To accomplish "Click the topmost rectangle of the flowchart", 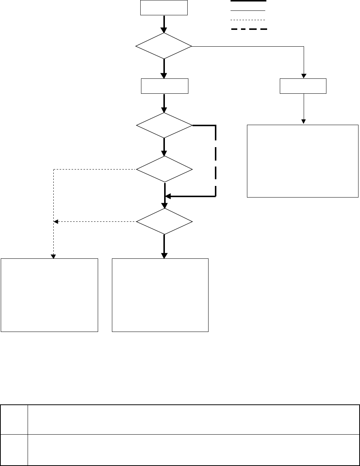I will (164, 8).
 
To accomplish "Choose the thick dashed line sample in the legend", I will (249, 29).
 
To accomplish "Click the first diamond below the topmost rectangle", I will (164, 46).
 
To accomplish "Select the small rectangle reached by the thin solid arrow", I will (303, 86).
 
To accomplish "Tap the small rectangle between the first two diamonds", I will (165, 86).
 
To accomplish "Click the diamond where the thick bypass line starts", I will (164, 126).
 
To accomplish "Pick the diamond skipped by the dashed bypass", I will (165, 169).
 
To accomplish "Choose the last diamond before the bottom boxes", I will (165, 221).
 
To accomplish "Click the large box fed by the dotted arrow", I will (49, 295).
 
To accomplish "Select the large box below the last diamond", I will (160, 295).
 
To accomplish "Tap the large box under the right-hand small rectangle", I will (303, 161).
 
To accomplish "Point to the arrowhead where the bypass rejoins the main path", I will (168, 196).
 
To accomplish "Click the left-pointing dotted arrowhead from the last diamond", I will (56, 222).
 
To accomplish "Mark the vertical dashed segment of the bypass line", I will (216, 161).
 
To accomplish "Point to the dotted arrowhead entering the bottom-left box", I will (53, 256).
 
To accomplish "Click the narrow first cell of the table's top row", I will (14, 419).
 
